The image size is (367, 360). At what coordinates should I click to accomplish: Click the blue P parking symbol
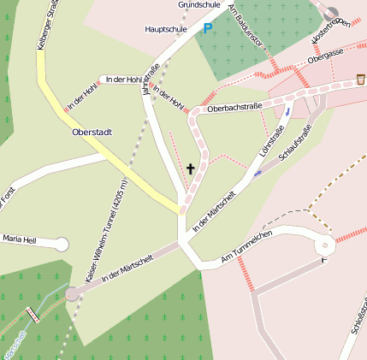(207, 29)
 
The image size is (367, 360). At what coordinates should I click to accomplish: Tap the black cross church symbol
(191, 168)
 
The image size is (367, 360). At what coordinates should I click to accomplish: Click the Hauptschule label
(166, 29)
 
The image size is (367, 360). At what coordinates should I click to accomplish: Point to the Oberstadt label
(93, 133)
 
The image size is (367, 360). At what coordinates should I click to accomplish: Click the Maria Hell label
(19, 240)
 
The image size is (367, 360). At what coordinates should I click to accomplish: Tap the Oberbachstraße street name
(234, 109)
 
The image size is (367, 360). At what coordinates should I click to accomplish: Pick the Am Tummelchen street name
(246, 245)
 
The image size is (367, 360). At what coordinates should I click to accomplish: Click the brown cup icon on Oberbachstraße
(360, 80)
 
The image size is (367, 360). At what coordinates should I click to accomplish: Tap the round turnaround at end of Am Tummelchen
(325, 245)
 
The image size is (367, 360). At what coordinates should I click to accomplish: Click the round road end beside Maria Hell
(61, 245)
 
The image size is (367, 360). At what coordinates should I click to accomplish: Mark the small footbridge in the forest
(34, 315)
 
